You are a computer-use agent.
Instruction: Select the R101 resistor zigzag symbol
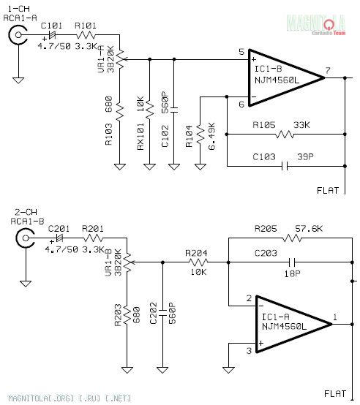(86, 34)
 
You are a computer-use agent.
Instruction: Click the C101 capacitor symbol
(53, 34)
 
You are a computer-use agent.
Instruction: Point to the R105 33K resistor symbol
(285, 135)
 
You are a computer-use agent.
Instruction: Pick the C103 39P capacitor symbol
(285, 167)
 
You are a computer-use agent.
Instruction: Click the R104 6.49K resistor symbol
(200, 134)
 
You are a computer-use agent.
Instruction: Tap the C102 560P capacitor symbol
(174, 110)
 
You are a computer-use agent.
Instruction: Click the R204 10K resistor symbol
(198, 262)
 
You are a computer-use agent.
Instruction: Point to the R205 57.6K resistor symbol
(292, 238)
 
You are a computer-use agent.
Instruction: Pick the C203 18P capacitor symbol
(292, 262)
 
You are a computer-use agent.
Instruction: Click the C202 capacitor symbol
(162, 313)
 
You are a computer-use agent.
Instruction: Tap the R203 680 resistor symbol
(127, 314)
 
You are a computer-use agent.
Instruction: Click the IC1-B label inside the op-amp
(269, 69)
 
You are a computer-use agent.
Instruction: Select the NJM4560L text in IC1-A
(284, 327)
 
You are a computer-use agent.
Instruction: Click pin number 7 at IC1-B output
(328, 70)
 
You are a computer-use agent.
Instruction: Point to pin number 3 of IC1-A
(249, 350)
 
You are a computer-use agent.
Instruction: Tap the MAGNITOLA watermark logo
(316, 25)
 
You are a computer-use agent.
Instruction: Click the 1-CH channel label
(18, 9)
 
